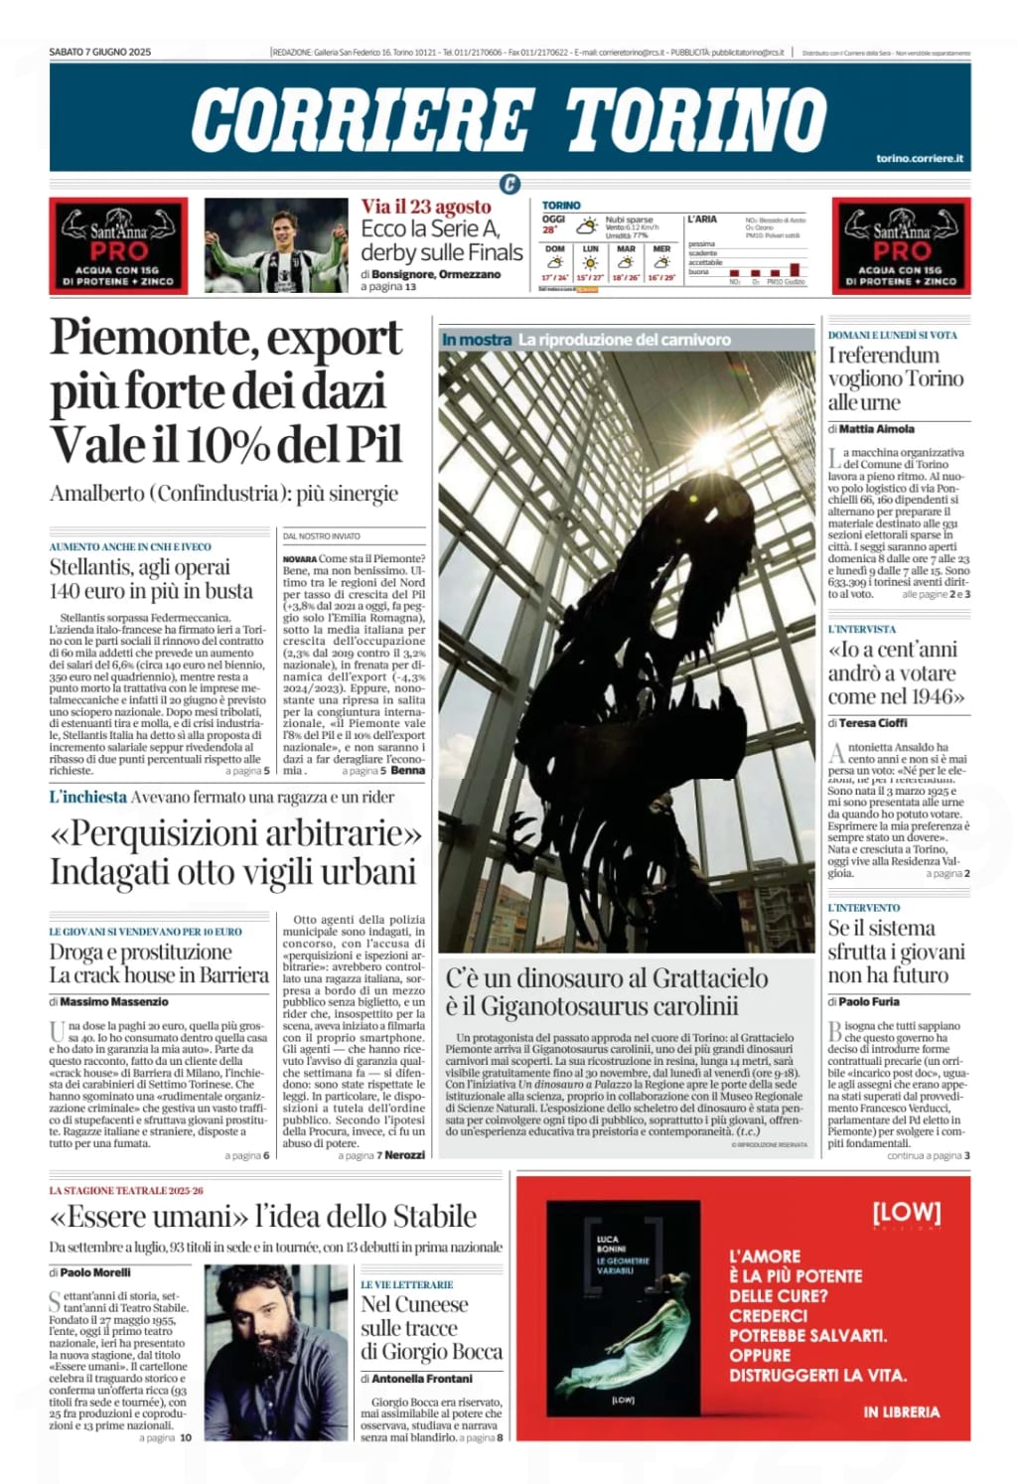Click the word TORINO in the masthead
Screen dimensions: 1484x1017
[695, 119]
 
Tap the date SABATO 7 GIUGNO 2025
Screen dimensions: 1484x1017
[100, 52]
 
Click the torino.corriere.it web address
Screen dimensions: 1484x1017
[919, 159]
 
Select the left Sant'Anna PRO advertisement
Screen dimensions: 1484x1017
[118, 245]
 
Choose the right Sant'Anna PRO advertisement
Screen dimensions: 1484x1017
[901, 245]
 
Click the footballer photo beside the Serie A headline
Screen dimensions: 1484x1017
[276, 245]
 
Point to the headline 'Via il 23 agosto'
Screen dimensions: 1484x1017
[426, 207]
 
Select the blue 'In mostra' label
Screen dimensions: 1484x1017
[477, 340]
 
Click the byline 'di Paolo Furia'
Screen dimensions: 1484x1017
[864, 1001]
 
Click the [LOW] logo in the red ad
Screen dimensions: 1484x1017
[906, 1212]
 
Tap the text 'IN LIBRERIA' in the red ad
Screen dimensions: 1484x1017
[901, 1411]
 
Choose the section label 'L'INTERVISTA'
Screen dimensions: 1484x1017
[862, 629]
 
